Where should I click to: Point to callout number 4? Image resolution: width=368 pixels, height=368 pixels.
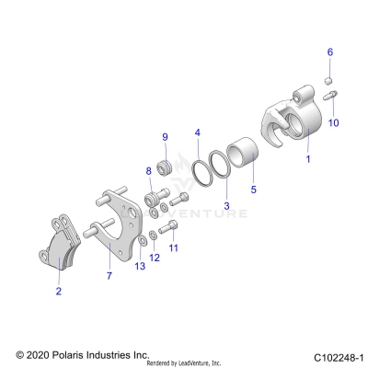(196, 133)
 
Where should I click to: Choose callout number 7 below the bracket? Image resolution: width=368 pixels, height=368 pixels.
(109, 274)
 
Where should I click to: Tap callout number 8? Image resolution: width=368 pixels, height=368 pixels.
(147, 171)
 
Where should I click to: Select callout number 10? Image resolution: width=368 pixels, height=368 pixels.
(334, 121)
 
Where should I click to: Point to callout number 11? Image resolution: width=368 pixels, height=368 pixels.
(173, 247)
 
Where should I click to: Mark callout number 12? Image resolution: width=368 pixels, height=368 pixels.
(155, 258)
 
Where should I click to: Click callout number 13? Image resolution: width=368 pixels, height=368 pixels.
(139, 266)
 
